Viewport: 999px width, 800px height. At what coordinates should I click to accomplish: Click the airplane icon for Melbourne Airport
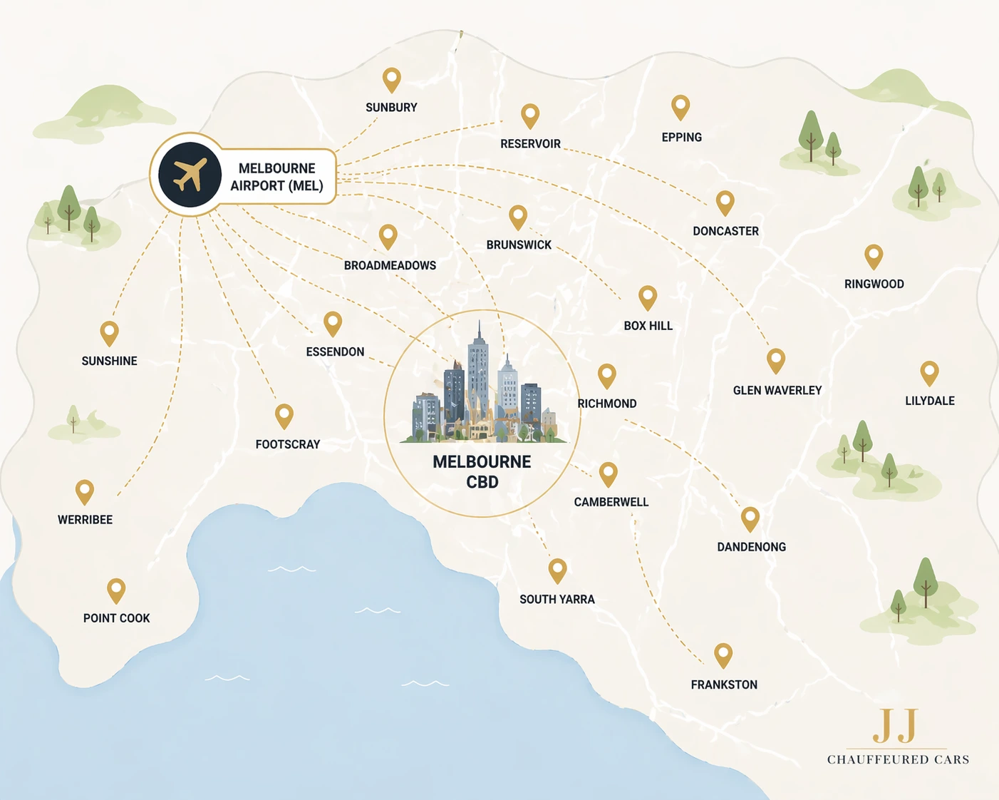click(190, 175)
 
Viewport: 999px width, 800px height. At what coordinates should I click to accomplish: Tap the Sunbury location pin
click(391, 79)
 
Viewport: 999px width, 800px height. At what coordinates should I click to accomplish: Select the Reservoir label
click(530, 144)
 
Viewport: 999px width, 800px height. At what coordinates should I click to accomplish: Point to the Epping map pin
click(680, 107)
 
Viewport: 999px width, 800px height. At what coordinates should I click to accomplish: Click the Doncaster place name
click(725, 231)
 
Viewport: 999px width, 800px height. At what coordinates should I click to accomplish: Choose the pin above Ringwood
click(874, 255)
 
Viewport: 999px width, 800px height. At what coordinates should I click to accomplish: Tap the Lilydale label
click(929, 401)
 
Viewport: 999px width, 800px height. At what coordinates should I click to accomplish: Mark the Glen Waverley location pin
click(775, 360)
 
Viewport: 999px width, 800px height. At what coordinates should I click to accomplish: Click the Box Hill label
click(648, 326)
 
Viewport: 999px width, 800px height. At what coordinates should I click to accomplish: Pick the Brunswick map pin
click(518, 216)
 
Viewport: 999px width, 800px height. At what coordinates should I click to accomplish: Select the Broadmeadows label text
click(390, 265)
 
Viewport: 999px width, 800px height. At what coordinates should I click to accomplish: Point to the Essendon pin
click(333, 323)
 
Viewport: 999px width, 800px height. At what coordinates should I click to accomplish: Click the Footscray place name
click(288, 444)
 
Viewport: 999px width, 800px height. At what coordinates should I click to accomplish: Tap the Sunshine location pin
click(109, 332)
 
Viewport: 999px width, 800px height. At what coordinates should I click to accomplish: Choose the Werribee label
click(85, 520)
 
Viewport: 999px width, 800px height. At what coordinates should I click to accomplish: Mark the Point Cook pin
click(116, 590)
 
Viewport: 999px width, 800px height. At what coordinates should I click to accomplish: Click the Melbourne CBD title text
click(482, 471)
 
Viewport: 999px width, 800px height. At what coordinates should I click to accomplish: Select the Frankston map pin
click(723, 654)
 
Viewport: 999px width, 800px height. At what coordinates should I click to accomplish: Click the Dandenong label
click(751, 547)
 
